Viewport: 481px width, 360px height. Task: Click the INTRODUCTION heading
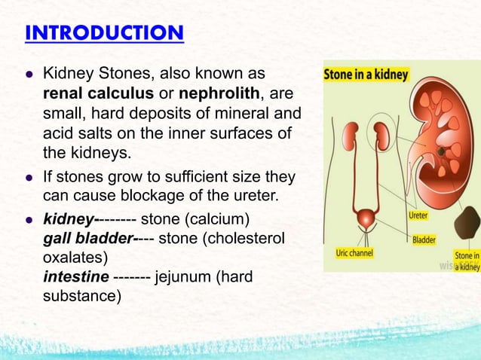pyautogui.click(x=103, y=34)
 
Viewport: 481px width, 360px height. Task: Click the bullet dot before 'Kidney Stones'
pyautogui.click(x=29, y=76)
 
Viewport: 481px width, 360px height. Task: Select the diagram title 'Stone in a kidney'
pyautogui.click(x=366, y=75)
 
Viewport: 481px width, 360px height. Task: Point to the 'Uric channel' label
pyautogui.click(x=354, y=254)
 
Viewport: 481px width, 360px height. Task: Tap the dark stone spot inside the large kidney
pyautogui.click(x=439, y=151)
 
